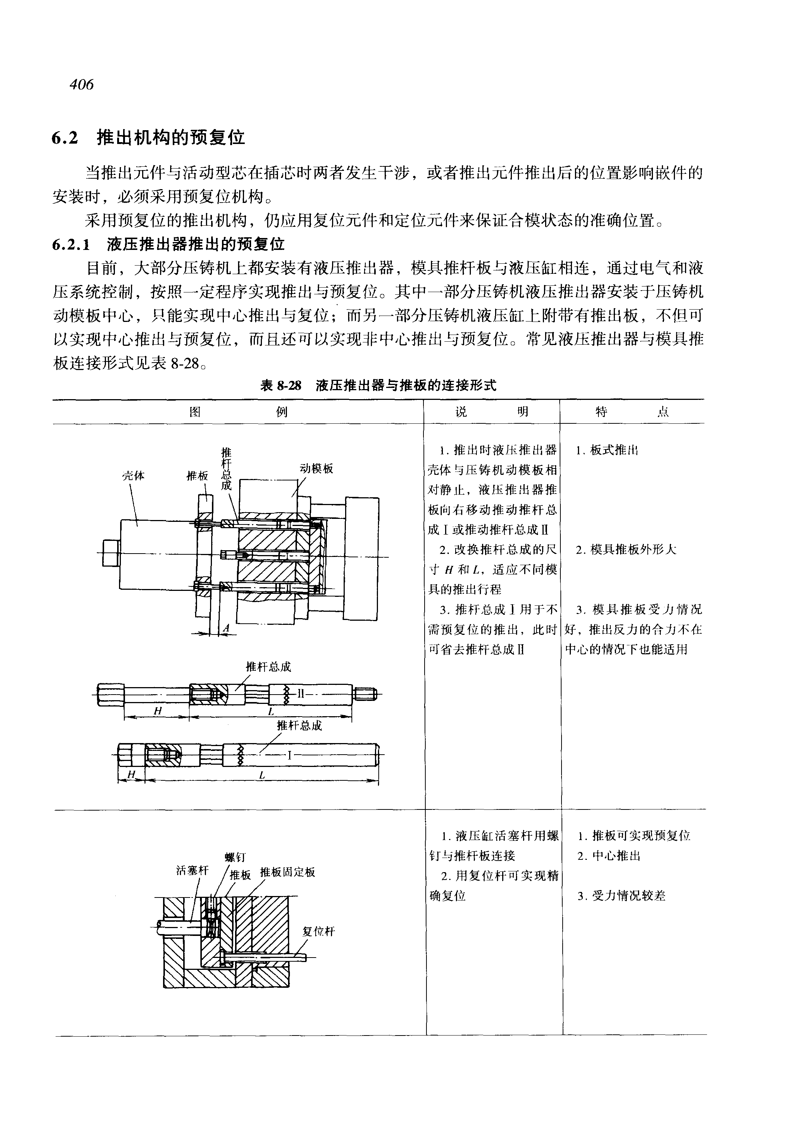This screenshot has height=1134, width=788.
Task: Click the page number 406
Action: click(x=81, y=85)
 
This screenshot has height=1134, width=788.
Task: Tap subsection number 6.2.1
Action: click(x=72, y=244)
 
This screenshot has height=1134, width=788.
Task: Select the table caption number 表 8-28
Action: click(x=281, y=386)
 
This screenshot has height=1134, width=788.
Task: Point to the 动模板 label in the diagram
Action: click(x=316, y=468)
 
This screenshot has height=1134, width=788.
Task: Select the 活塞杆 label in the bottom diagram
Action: click(x=192, y=870)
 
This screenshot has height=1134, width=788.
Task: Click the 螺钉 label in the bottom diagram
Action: click(x=235, y=856)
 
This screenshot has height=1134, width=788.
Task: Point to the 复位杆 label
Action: click(x=319, y=931)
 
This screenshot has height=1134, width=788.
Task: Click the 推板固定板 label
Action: click(x=287, y=872)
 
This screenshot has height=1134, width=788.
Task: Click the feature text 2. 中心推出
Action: click(x=609, y=856)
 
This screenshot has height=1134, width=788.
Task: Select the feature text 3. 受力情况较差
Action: click(x=622, y=896)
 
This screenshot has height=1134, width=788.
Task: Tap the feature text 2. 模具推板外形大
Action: click(x=626, y=549)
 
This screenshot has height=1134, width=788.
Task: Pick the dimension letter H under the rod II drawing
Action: click(x=157, y=711)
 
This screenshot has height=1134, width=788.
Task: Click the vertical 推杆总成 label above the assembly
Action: click(x=226, y=469)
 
